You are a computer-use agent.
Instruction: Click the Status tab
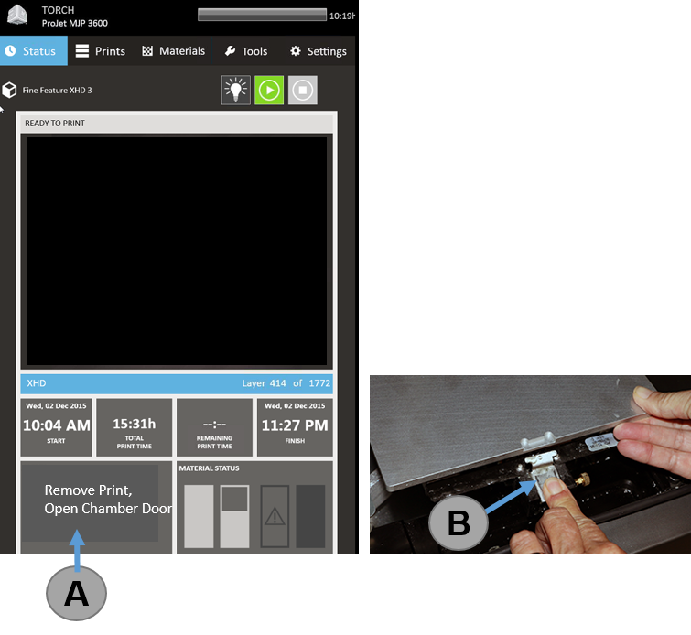pos(34,50)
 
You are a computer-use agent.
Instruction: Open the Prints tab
pos(101,51)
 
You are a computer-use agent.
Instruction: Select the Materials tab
pos(174,51)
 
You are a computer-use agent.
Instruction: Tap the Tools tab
pos(246,51)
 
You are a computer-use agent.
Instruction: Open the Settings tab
pos(319,51)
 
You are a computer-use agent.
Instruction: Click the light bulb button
pos(236,90)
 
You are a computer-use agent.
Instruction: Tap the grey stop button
pos(302,90)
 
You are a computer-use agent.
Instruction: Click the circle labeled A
pos(76,593)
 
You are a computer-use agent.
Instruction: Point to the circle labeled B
pos(459,522)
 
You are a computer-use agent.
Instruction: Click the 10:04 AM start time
pos(57,425)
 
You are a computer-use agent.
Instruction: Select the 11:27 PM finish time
pos(295,425)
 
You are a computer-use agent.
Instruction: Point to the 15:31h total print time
pos(135,424)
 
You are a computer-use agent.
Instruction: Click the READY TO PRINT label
pos(55,124)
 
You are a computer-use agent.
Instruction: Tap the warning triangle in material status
pos(275,516)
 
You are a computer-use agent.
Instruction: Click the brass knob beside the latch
pos(583,479)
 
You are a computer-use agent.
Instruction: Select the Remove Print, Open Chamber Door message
pos(108,500)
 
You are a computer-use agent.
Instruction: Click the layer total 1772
pos(319,383)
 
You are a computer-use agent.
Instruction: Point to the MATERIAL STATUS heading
pos(209,468)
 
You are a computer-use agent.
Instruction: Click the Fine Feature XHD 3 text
pos(58,91)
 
